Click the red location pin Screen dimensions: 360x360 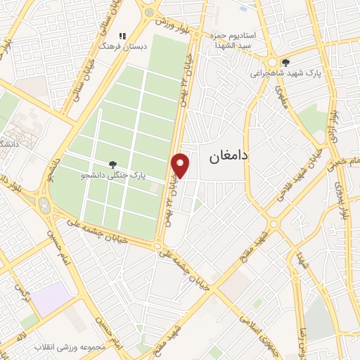click(x=181, y=164)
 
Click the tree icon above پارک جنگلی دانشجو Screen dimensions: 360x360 click(x=112, y=165)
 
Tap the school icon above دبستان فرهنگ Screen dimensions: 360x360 click(x=122, y=35)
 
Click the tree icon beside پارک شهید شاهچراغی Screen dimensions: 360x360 click(x=285, y=61)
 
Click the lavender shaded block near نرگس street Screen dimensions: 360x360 click(x=51, y=299)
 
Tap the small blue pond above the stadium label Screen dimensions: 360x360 click(x=243, y=9)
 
